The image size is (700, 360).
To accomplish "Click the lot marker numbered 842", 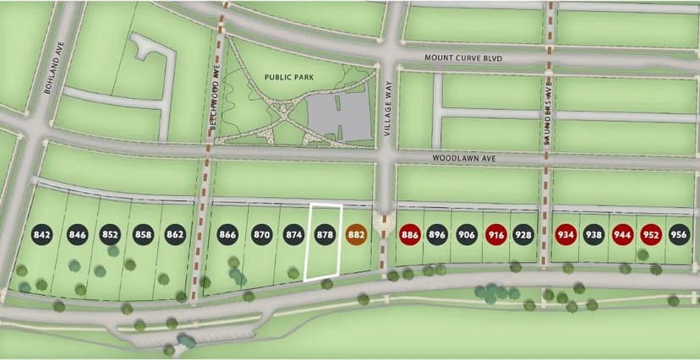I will click(43, 234).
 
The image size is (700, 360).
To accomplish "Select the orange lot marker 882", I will click(356, 234).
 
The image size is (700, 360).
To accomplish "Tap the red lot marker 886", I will click(411, 234).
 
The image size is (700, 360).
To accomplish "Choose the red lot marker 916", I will click(496, 234).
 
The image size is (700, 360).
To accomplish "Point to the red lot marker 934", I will click(566, 234).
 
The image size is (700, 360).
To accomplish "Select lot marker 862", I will click(175, 234).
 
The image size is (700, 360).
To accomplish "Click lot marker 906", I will click(467, 234).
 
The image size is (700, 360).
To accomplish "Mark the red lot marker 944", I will click(622, 234).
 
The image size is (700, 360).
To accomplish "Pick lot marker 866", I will click(227, 234).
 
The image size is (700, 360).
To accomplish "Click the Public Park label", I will click(288, 76).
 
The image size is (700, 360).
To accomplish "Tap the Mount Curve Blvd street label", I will click(463, 58).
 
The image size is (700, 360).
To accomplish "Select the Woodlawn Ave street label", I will click(462, 157).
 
